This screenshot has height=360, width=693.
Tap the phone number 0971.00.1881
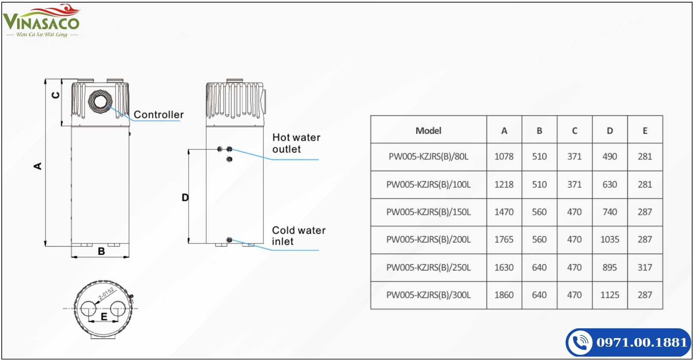pyautogui.click(x=641, y=342)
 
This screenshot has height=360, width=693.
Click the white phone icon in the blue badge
pyautogui.click(x=580, y=342)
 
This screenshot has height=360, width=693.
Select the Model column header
pyautogui.click(x=428, y=131)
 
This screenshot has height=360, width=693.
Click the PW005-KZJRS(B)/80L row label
pyautogui.click(x=428, y=156)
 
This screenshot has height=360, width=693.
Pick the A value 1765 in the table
pyautogui.click(x=504, y=239)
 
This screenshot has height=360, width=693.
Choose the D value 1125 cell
pyautogui.click(x=610, y=295)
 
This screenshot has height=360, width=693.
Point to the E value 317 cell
pyautogui.click(x=645, y=267)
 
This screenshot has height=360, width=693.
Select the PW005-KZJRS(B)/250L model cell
pyautogui.click(x=428, y=267)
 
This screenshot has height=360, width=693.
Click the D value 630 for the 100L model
pyautogui.click(x=610, y=184)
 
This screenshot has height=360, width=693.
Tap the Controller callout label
pyautogui.click(x=159, y=115)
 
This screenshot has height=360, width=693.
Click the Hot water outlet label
pyautogui.click(x=296, y=143)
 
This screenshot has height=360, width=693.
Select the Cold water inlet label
pyautogui.click(x=299, y=236)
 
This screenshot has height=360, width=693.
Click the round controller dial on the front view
pyautogui.click(x=100, y=102)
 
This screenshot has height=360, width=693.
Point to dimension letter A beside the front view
pyautogui.click(x=38, y=166)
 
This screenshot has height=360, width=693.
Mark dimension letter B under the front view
pyautogui.click(x=101, y=251)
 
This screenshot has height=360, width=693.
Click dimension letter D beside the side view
pyautogui.click(x=185, y=198)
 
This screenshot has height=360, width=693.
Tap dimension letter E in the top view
pyautogui.click(x=104, y=317)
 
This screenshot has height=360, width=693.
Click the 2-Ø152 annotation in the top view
pyautogui.click(x=106, y=293)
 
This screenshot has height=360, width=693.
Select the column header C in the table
pyautogui.click(x=574, y=131)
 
